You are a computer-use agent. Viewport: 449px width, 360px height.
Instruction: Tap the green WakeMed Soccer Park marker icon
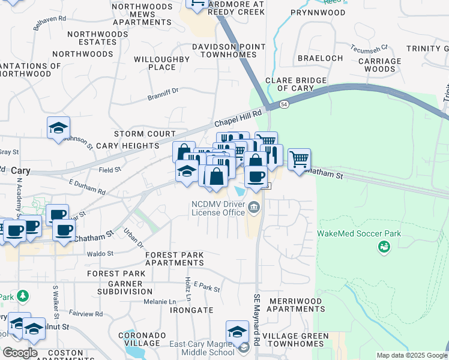point(382,246)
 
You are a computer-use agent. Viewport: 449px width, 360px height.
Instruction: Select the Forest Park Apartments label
point(175,259)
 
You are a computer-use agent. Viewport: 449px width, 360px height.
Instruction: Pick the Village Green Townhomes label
point(295,340)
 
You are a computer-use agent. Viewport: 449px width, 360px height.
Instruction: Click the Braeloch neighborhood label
point(320,58)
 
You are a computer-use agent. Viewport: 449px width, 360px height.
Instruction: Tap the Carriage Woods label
point(379,65)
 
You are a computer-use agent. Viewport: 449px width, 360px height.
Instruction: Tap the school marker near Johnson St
point(59,128)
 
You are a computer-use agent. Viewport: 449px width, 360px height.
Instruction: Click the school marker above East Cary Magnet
point(238,332)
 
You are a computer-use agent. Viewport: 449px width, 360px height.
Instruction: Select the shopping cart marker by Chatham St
point(299,160)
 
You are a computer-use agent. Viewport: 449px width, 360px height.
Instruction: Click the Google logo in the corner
point(19,353)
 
